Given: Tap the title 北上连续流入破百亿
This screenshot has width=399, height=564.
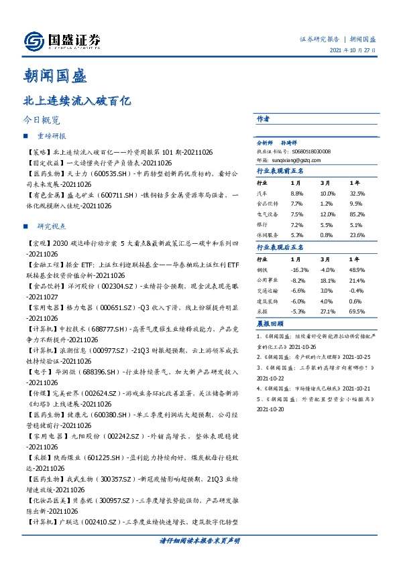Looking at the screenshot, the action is (72, 102).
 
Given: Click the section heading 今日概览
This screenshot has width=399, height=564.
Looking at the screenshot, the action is (41, 121).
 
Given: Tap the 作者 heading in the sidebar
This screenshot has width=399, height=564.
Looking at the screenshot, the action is (263, 119).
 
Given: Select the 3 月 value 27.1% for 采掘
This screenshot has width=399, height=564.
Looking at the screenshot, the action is (327, 311).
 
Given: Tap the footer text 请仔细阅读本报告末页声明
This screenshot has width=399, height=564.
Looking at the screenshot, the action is (199, 540).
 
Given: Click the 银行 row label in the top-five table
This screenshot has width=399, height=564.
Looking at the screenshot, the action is (262, 224).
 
